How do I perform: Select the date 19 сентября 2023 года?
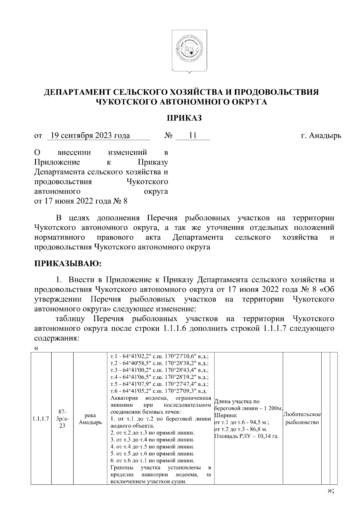pos(90,135)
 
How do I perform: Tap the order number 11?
pos(192,135)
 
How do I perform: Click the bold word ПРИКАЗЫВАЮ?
pos(68,263)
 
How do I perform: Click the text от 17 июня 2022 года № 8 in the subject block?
pos(81,201)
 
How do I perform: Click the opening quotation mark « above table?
pos(37,348)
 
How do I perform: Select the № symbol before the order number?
pos(168,136)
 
